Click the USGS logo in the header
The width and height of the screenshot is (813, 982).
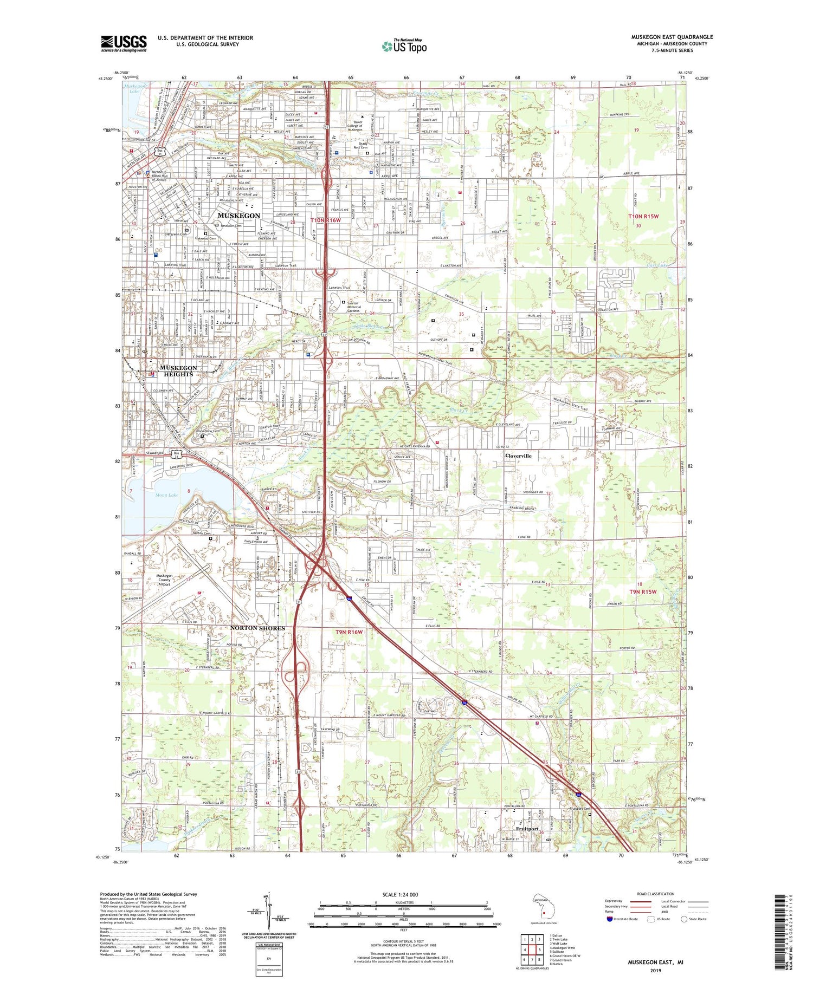click(x=124, y=43)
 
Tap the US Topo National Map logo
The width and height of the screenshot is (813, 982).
click(x=404, y=46)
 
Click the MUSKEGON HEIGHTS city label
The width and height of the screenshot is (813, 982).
click(x=178, y=371)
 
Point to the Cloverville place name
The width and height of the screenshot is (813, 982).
click(x=518, y=456)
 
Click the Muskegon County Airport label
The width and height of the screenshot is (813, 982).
click(x=164, y=580)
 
